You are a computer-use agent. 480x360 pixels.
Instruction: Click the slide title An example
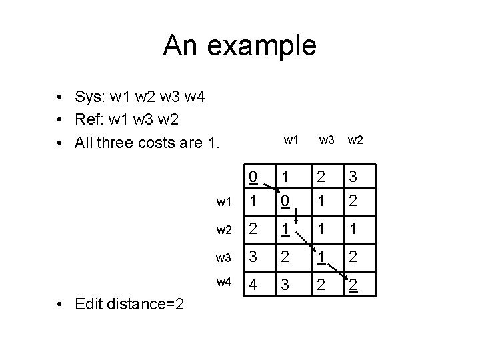pos(239,45)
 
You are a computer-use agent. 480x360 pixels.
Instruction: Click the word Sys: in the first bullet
pos(89,98)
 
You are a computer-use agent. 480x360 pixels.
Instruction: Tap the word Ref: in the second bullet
pos(89,121)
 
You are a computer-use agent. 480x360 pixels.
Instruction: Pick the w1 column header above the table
pos(291,141)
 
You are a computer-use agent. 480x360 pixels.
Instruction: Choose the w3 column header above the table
pos(327,141)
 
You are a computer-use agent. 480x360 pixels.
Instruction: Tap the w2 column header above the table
pos(355,141)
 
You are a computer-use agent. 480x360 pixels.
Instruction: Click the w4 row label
pos(224,281)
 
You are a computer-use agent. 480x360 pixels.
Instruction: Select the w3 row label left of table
pos(224,257)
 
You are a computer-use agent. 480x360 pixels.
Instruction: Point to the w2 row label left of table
pos(224,231)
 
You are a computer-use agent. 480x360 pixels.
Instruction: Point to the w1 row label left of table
pos(224,201)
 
